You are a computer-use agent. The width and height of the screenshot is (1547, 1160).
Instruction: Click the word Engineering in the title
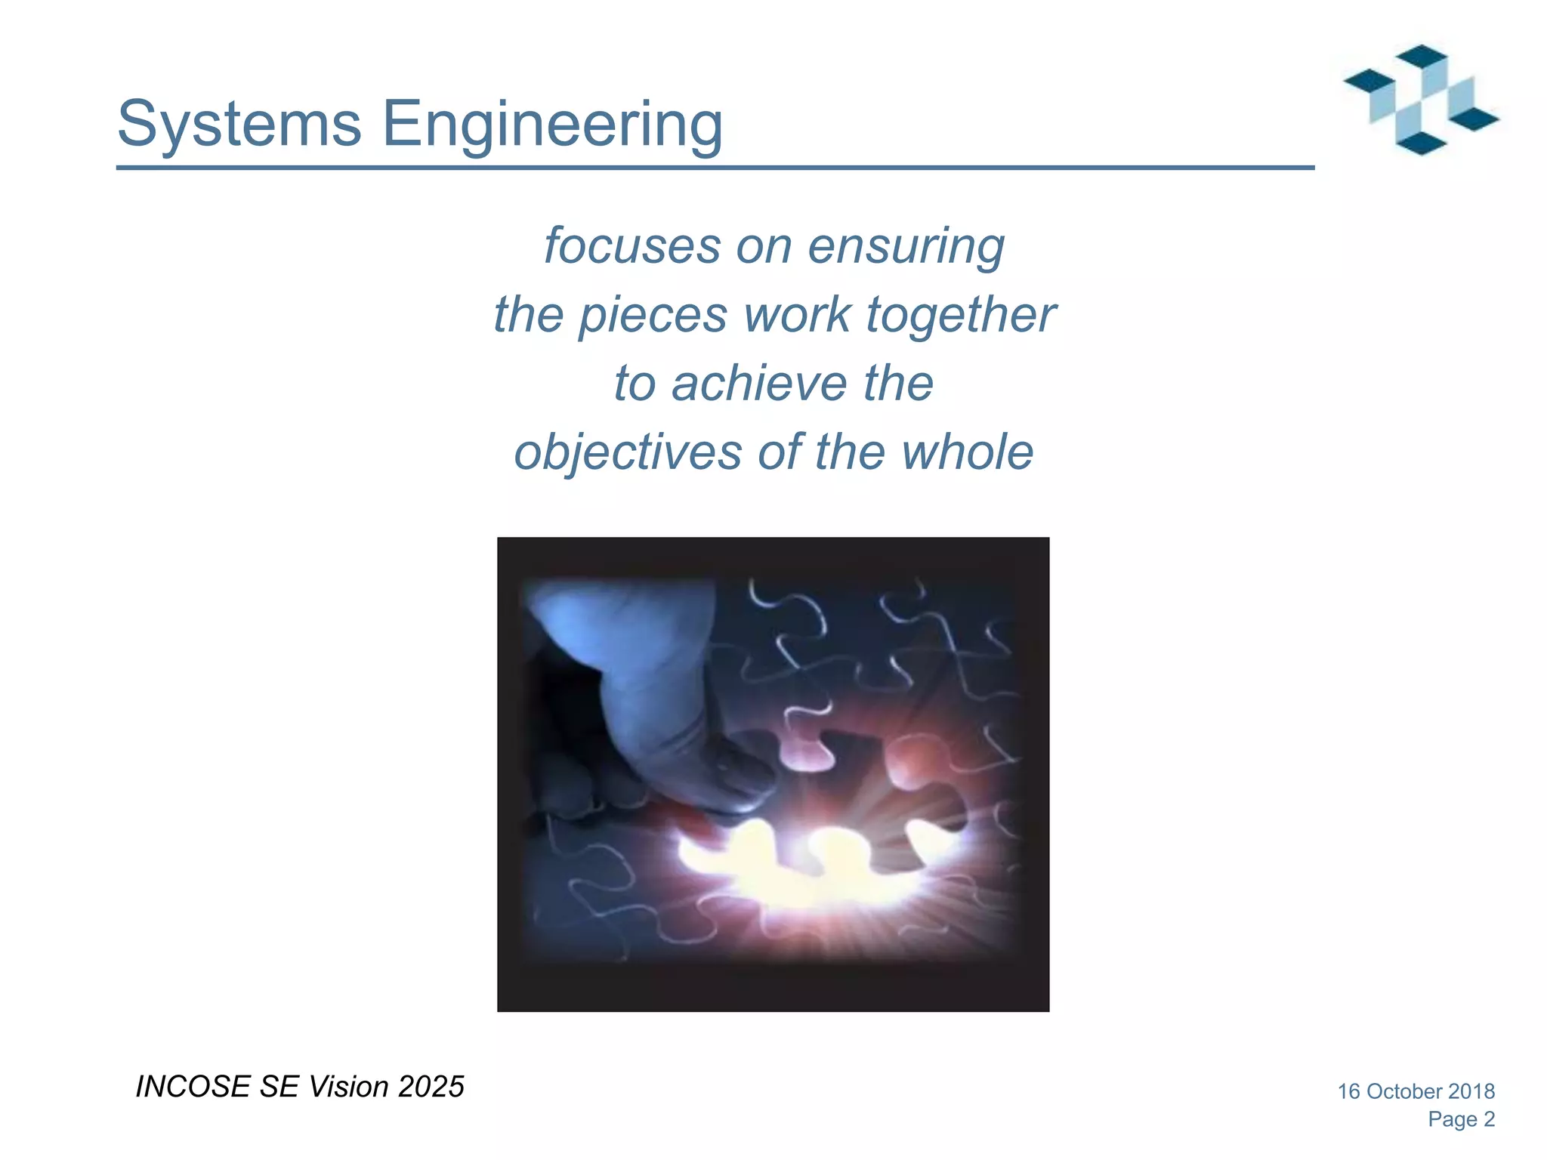(x=552, y=125)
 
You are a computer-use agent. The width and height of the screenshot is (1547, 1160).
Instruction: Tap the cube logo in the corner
(x=1421, y=100)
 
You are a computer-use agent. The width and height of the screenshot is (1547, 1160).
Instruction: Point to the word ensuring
(x=906, y=247)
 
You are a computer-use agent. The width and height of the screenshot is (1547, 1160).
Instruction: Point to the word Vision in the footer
(x=349, y=1087)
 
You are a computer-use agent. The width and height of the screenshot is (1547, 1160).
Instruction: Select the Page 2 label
(x=1461, y=1119)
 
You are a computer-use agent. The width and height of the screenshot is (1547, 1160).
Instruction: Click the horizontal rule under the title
(x=715, y=168)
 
